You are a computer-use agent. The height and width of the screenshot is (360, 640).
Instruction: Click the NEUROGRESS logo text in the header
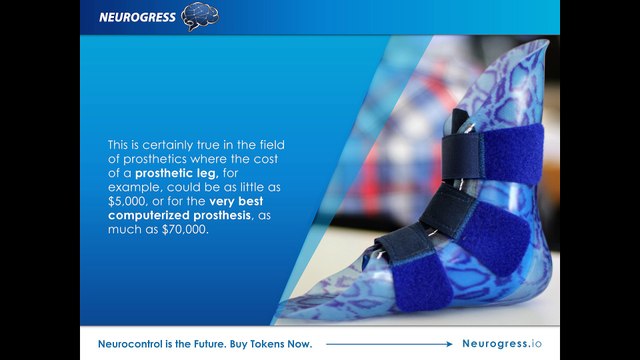pos(137,17)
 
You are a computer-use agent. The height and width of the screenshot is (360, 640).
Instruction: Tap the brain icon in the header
pos(200,16)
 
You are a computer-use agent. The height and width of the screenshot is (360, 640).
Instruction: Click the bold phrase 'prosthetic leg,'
pos(177,173)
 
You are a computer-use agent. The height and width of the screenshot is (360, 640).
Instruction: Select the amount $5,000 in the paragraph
pos(127,202)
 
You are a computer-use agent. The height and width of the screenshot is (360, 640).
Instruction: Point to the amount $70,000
pos(185,229)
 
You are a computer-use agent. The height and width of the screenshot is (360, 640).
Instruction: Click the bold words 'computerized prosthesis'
pos(179,216)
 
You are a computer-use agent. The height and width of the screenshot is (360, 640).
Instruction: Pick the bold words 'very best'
pos(236,201)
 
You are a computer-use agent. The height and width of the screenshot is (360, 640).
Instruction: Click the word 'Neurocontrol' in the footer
pos(130,344)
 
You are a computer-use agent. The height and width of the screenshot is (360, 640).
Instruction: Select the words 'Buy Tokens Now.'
pos(271,344)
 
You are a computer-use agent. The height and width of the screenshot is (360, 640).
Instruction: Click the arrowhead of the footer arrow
pos(450,344)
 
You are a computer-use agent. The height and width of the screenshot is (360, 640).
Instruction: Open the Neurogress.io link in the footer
pos(502,344)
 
